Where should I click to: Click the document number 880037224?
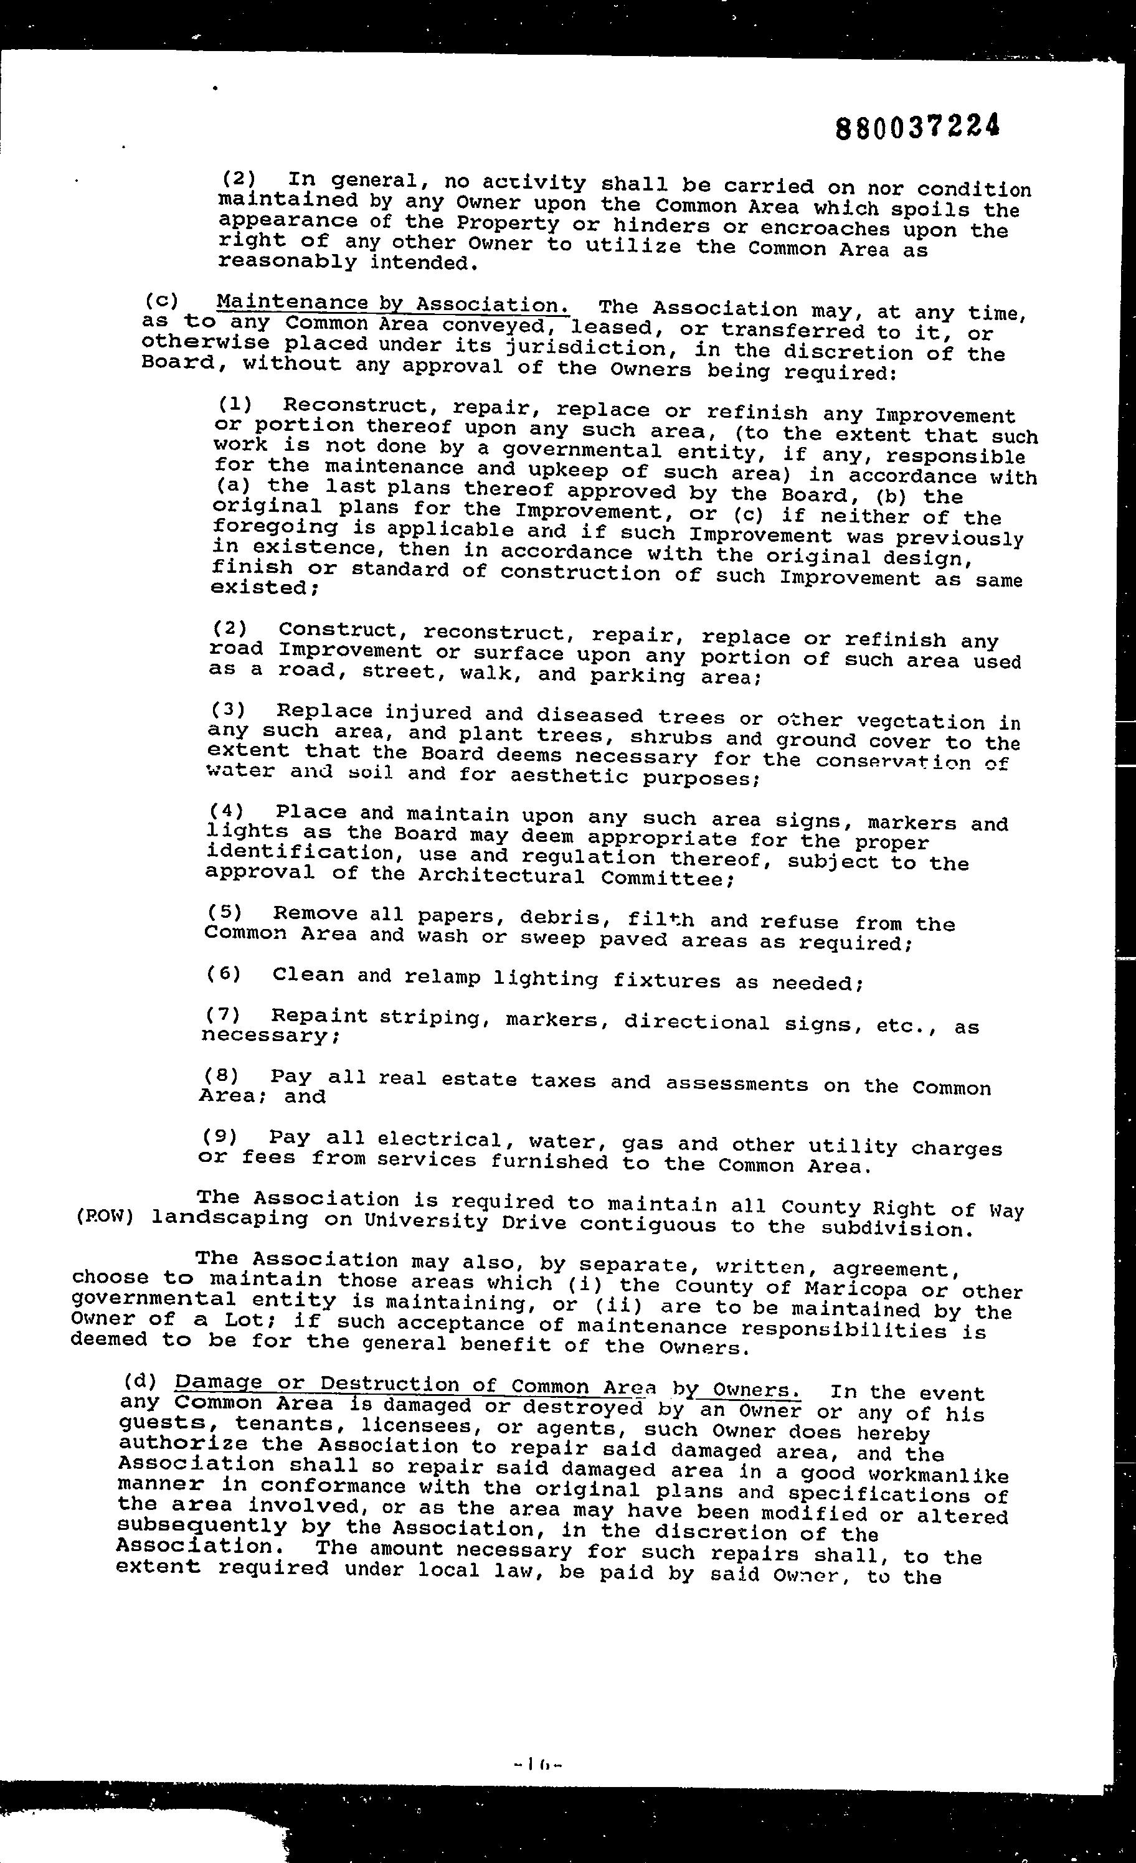(x=917, y=126)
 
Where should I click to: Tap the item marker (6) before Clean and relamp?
(x=223, y=974)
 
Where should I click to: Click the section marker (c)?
(x=159, y=299)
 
